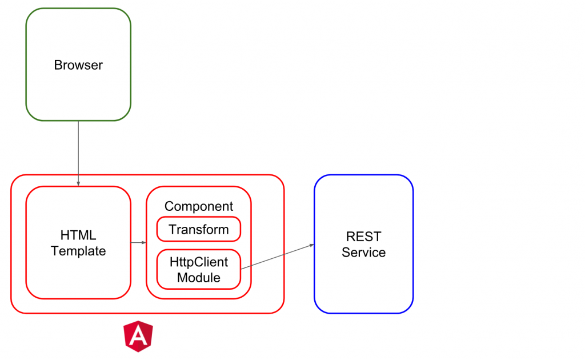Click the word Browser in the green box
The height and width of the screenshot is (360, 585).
pyautogui.click(x=78, y=65)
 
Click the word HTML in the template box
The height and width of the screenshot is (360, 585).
pyautogui.click(x=78, y=235)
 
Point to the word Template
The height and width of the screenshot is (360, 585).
pyautogui.click(x=78, y=251)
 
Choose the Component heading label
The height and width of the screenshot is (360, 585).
pyautogui.click(x=199, y=206)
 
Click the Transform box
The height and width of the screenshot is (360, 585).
pyautogui.click(x=199, y=230)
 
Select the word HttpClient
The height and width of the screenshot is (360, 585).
pyautogui.click(x=199, y=262)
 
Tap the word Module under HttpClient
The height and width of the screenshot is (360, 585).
pyautogui.click(x=199, y=278)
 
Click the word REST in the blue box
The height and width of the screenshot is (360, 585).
pyautogui.click(x=363, y=237)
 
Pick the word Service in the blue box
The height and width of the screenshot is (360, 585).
pyautogui.click(x=363, y=252)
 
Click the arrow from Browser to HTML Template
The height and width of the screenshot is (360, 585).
pyautogui.click(x=78, y=151)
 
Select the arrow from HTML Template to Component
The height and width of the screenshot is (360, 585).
pyautogui.click(x=138, y=243)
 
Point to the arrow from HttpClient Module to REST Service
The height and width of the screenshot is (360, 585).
pyautogui.click(x=277, y=256)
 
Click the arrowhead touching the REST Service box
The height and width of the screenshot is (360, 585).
pyautogui.click(x=312, y=245)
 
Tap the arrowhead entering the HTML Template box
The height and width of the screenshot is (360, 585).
pyautogui.click(x=78, y=183)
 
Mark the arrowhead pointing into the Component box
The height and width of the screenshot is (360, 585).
pyautogui.click(x=144, y=243)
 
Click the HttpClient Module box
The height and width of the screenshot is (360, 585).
pyautogui.click(x=199, y=270)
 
